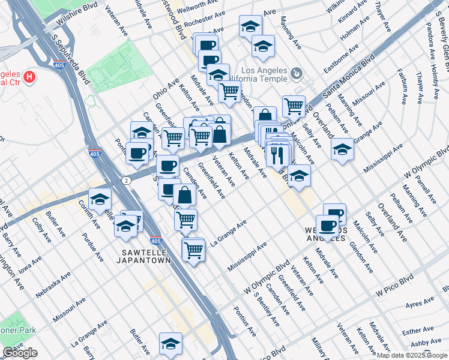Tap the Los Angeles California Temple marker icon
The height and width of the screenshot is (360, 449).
point(295,74)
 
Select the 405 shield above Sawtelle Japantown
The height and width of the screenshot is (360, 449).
point(156,241)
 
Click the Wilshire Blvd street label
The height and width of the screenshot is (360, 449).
point(77,19)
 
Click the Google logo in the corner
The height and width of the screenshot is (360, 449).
point(20,353)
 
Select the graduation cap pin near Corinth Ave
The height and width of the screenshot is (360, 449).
point(100,200)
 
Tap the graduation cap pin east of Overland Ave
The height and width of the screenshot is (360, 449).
point(342,149)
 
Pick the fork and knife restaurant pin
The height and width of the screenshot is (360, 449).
point(277,155)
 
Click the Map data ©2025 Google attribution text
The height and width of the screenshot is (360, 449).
point(411,355)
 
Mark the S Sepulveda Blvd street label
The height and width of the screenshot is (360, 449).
point(71,58)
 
